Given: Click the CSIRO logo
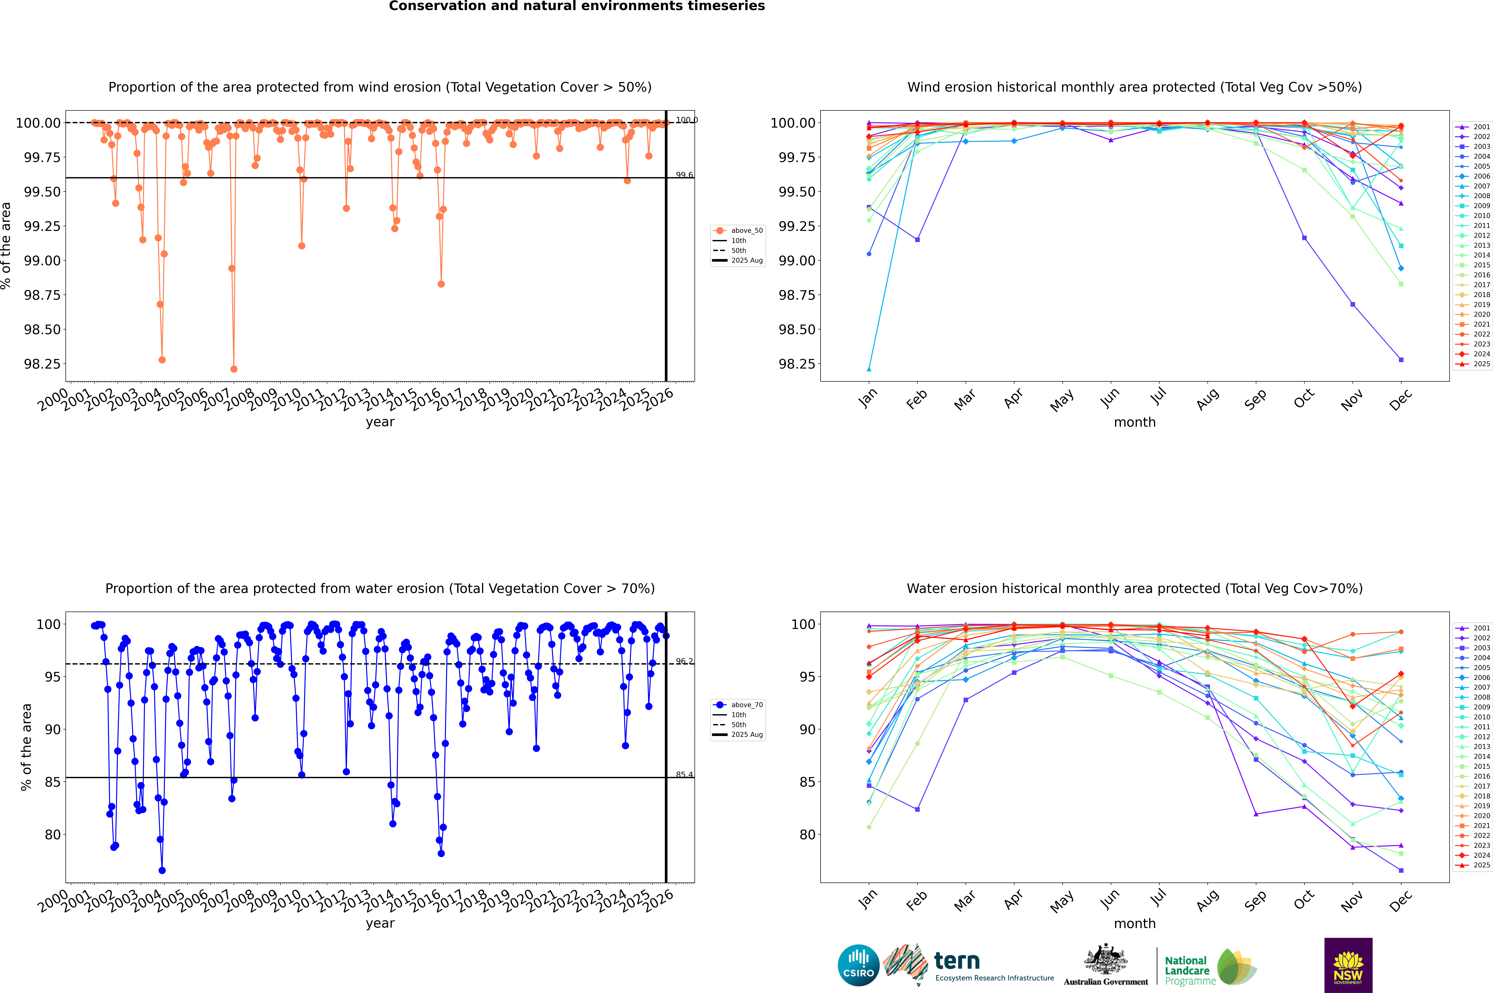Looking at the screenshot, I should click(858, 965).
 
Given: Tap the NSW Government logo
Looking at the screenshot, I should click(1348, 965).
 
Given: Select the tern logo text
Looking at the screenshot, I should click(957, 961).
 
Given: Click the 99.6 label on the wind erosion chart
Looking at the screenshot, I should click(684, 175).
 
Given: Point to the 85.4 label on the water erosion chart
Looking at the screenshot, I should click(684, 775).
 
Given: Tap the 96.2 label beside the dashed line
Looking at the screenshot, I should click(684, 661).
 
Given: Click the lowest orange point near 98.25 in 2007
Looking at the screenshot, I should click(234, 369).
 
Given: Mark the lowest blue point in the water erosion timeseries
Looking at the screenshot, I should click(162, 871).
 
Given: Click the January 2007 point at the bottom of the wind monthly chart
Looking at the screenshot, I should click(869, 369).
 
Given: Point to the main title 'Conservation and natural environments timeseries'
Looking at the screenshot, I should click(577, 6).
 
